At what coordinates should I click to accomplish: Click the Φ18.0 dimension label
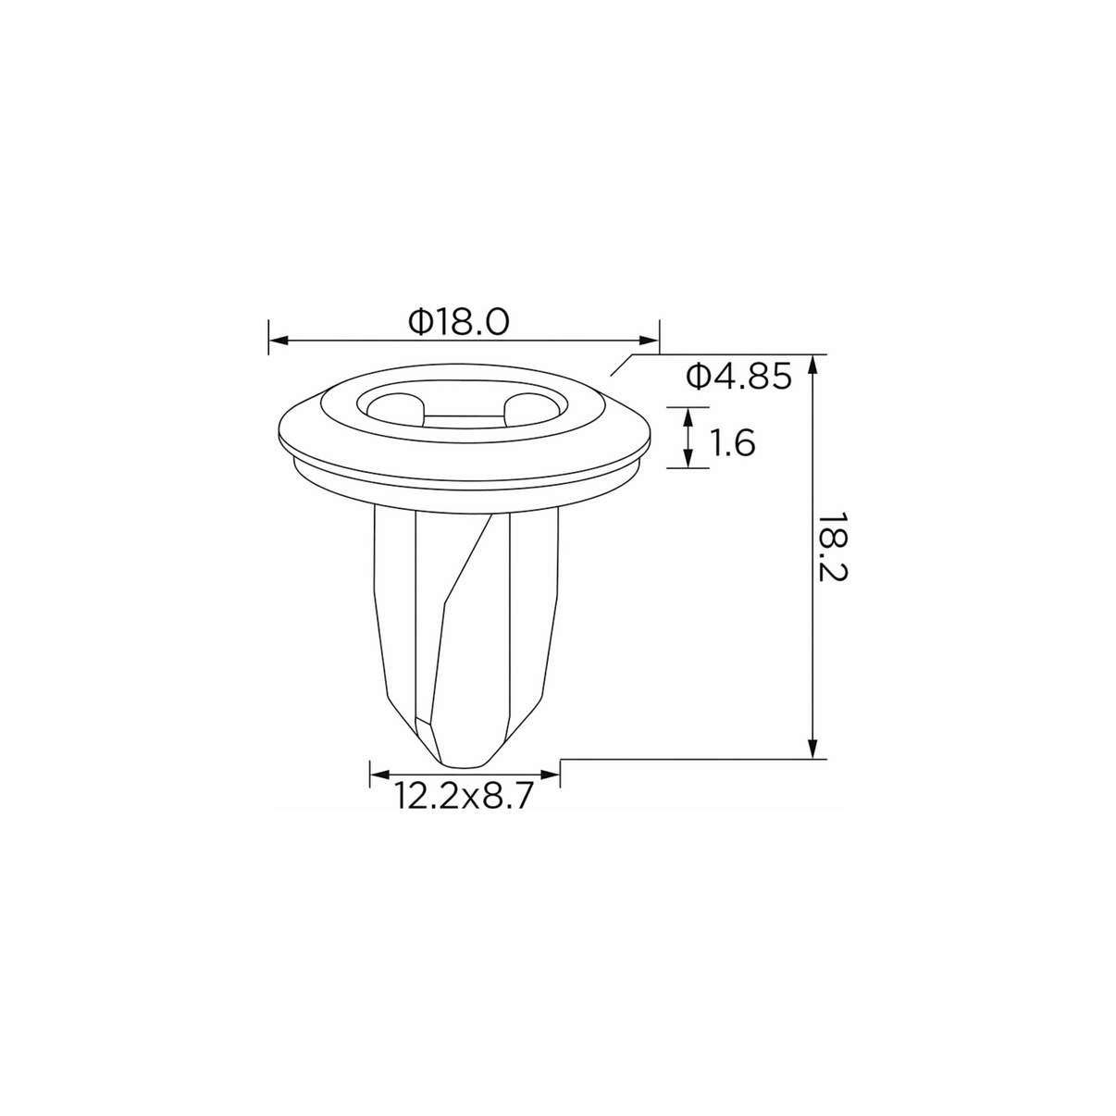(459, 322)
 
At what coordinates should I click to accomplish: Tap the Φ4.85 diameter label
(738, 377)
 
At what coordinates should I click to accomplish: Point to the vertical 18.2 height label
(835, 547)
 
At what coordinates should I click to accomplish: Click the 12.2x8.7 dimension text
(462, 796)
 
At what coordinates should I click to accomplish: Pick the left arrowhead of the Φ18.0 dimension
(279, 341)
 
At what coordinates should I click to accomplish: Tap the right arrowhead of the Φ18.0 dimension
(649, 341)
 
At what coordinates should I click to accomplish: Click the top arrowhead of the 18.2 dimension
(812, 365)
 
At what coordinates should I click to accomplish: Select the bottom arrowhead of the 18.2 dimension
(812, 749)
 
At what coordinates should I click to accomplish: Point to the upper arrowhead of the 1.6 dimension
(688, 417)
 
